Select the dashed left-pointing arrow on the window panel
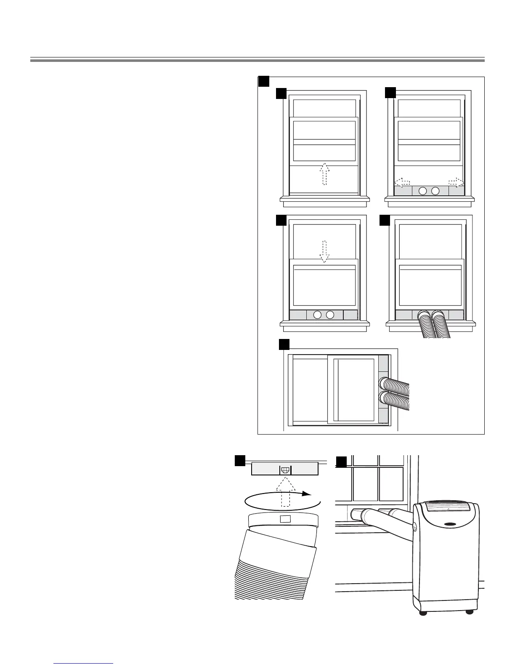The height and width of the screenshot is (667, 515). click(403, 182)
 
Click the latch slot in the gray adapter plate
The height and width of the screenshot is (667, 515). click(285, 469)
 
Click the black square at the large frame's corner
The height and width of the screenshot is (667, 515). click(264, 81)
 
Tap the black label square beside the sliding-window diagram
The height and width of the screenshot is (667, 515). click(284, 344)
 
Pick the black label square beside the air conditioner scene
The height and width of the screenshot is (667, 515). click(341, 462)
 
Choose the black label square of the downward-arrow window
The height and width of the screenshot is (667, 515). click(281, 220)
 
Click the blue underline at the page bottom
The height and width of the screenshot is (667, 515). click(84, 663)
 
